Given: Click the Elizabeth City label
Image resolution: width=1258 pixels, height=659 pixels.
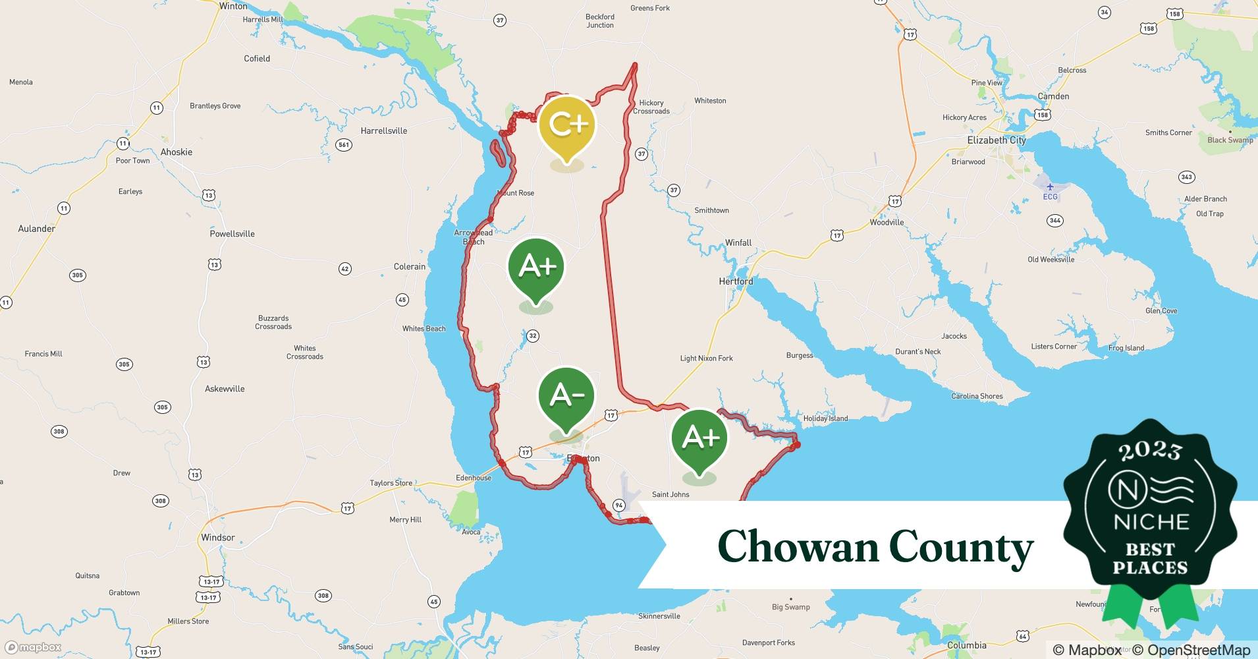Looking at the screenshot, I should pyautogui.click(x=996, y=140).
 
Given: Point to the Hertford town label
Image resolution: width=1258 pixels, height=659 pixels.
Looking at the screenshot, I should pyautogui.click(x=736, y=281).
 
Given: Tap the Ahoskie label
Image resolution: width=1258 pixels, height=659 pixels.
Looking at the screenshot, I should pyautogui.click(x=177, y=152).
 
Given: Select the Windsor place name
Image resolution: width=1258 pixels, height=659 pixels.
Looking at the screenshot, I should pyautogui.click(x=218, y=538).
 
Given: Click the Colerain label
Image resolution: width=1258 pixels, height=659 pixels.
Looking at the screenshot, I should pyautogui.click(x=410, y=267).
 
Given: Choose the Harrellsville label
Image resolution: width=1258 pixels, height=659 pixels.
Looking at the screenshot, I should pyautogui.click(x=384, y=131).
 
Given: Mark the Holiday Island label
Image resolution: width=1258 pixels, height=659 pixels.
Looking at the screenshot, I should pyautogui.click(x=825, y=418).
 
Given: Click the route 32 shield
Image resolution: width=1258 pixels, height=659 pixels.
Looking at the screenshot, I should pyautogui.click(x=533, y=336).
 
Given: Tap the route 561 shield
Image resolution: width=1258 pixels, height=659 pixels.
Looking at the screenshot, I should pyautogui.click(x=343, y=145).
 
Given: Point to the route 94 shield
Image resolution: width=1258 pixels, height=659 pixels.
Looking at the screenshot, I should pyautogui.click(x=618, y=505).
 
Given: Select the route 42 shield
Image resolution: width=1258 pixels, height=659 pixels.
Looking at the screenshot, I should pyautogui.click(x=344, y=268).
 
